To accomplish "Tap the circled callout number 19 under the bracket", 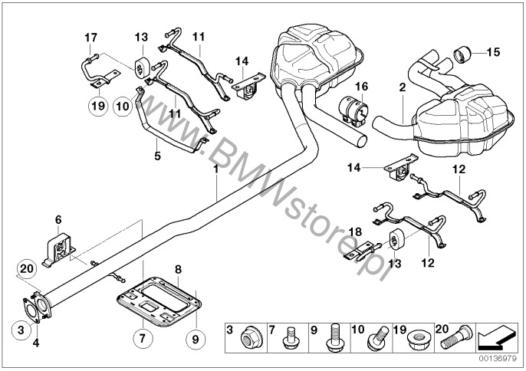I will tap(97, 107).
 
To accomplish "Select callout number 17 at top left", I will tap(91, 37).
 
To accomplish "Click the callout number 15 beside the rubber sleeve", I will tap(492, 52).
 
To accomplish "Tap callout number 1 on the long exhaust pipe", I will tap(217, 172).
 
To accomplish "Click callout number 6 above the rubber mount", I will tap(58, 221).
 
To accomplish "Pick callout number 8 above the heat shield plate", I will tap(178, 270).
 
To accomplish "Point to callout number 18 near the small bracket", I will tap(355, 231).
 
